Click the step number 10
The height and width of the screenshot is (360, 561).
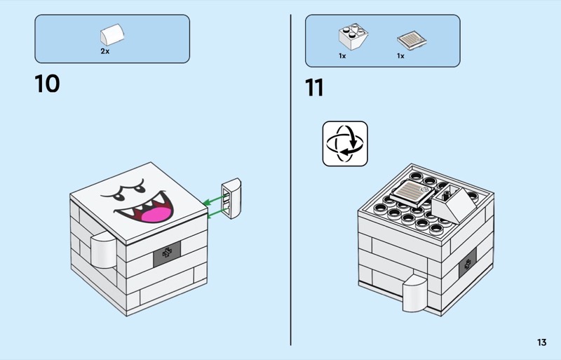click(x=47, y=84)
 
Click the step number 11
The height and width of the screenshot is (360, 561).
click(x=314, y=88)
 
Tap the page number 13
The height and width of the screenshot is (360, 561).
click(x=541, y=342)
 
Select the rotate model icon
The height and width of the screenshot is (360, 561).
click(x=345, y=143)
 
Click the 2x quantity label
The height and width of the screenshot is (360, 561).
click(x=105, y=52)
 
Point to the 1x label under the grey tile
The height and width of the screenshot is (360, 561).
click(x=400, y=55)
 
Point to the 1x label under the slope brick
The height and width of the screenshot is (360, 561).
click(x=342, y=55)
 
